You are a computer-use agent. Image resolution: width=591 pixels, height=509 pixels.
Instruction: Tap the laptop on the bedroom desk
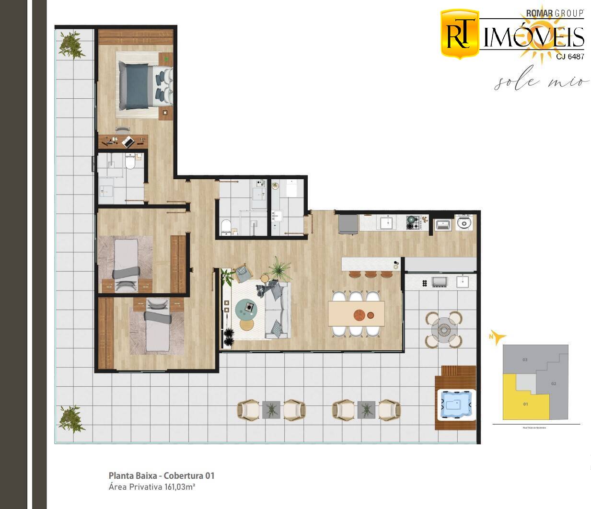[x=128, y=142]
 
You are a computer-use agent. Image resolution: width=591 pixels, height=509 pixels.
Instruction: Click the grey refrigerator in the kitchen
[x=348, y=224]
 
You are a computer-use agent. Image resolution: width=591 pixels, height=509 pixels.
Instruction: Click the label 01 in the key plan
[x=525, y=404]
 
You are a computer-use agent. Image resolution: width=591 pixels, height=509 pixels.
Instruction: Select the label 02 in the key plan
[x=554, y=383]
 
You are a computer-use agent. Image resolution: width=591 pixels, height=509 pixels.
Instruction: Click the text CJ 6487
[x=570, y=57]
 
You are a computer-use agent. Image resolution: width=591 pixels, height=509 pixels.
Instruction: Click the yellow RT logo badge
[x=459, y=34]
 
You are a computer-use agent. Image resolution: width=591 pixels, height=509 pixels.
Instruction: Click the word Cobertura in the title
[x=183, y=475]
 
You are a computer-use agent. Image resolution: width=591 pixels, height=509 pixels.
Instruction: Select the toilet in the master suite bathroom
[x=130, y=162]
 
